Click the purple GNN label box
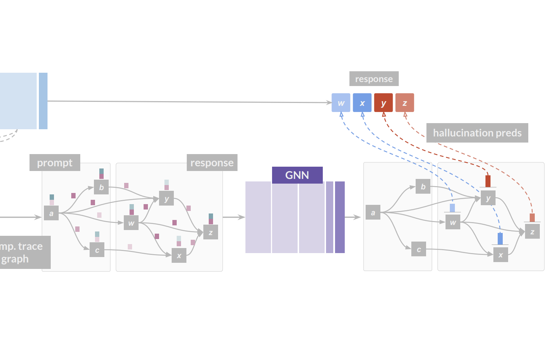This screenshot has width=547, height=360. tap(297, 175)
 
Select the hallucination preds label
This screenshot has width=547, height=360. tap(477, 133)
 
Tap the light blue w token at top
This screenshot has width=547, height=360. tap(341, 103)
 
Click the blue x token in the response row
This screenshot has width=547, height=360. tap(362, 103)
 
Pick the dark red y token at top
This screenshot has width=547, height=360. tap(383, 103)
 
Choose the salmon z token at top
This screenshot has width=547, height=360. tap(404, 103)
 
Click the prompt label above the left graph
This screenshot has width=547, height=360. tap(55, 163)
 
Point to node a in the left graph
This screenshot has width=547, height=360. tap(51, 213)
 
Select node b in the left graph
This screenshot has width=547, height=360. tap(101, 187)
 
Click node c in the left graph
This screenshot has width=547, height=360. tap(97, 250)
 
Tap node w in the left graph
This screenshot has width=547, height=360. tap(131, 223)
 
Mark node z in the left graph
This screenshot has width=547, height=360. tap(211, 232)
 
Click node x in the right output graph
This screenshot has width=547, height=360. tap(501, 255)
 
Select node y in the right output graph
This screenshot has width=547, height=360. tap(488, 198)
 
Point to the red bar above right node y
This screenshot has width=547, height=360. tap(488, 181)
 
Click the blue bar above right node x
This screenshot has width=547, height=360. tap(500, 238)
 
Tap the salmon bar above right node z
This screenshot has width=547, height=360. tap(532, 217)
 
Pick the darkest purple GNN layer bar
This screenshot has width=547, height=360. tap(340, 217)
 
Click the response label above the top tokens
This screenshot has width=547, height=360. tap(374, 79)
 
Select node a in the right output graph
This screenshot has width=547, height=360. tap(373, 212)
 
